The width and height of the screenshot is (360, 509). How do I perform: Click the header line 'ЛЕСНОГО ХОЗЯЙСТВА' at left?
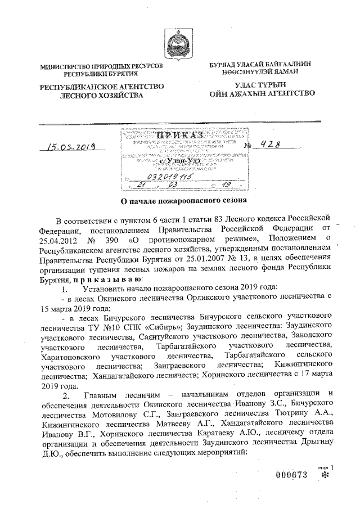pos(101,97)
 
